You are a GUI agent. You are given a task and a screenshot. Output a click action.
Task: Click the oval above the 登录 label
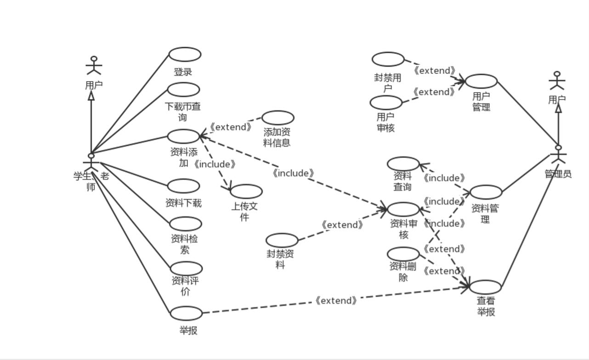point(185,54)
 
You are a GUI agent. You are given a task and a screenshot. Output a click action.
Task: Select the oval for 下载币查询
point(183,90)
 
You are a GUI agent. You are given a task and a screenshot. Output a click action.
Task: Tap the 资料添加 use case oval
point(183,136)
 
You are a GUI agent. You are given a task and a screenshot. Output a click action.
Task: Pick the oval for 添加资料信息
point(278,118)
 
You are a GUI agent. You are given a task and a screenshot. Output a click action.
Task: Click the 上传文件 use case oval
point(246,191)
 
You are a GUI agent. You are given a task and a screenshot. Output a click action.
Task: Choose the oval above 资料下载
point(183,186)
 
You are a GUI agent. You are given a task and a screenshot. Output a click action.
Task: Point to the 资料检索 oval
point(185,224)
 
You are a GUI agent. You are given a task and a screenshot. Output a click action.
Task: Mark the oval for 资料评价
point(186,269)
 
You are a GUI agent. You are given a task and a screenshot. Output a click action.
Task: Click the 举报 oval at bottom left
point(186,313)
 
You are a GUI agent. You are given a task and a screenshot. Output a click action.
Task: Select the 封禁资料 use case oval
point(282,240)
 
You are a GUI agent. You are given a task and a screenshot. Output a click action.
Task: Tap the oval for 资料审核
point(403,209)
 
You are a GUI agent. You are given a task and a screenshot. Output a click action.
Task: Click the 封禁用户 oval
point(388,59)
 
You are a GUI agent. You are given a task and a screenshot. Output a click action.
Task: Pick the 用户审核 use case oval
point(385,102)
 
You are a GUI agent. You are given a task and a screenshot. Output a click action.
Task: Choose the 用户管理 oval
point(481,81)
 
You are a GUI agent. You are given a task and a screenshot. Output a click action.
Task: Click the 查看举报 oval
point(485,287)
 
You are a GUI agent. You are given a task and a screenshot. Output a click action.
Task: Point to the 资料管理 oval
point(485,192)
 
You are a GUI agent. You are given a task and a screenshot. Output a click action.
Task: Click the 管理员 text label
point(558,174)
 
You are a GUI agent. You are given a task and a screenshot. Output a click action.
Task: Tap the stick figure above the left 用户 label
point(94,66)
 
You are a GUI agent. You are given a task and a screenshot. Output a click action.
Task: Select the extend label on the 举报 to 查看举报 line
point(336,301)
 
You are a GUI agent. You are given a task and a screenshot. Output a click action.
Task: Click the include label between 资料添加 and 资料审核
point(293,173)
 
